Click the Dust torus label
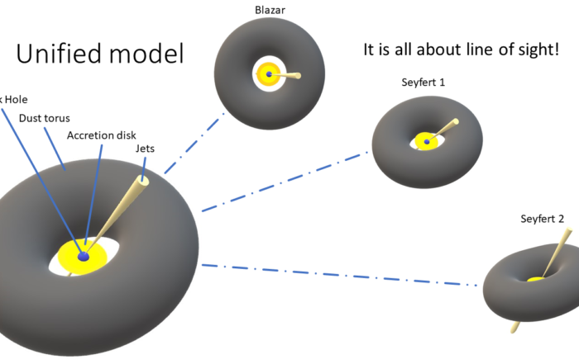pos(44,117)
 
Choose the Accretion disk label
pos(102,135)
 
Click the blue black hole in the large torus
pos(83,258)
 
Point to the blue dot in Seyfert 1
pos(427,143)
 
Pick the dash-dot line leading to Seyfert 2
pos(339,275)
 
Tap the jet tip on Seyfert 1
pos(454,123)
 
